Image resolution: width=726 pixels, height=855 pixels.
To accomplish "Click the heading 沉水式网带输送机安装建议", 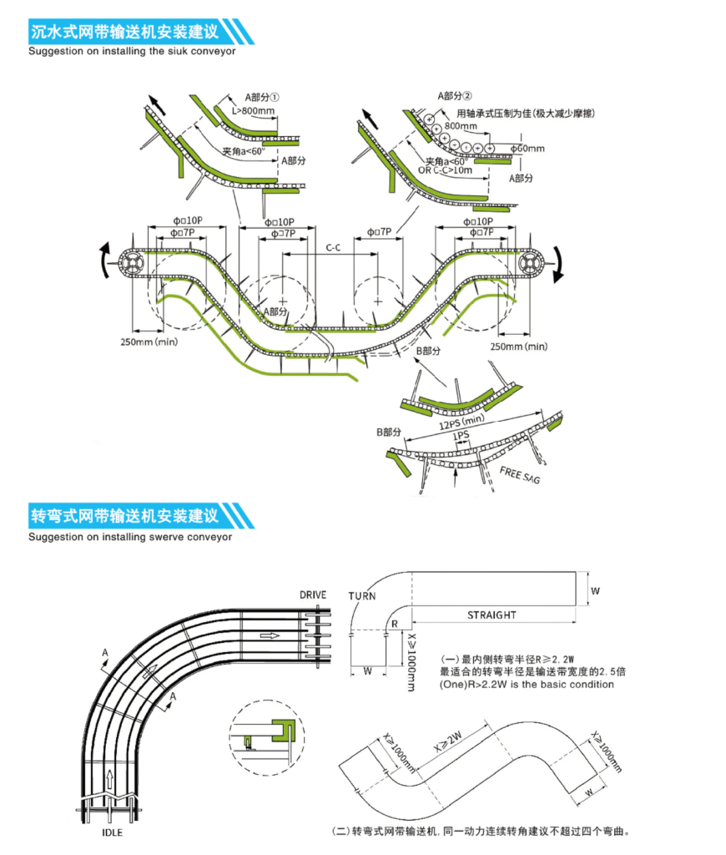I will click(124, 33).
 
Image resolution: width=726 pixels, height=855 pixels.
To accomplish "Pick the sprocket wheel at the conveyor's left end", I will click(132, 265).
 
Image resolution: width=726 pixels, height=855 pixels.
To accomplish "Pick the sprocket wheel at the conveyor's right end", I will click(529, 264).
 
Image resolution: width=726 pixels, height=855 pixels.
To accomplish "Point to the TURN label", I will click(362, 595).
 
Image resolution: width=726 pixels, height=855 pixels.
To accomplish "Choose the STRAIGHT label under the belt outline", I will click(492, 615).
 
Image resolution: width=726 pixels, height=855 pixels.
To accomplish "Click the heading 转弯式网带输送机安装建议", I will click(124, 514).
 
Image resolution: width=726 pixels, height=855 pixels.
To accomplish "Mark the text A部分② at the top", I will click(456, 96).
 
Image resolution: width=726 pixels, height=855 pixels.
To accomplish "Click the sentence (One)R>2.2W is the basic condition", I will click(527, 684).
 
